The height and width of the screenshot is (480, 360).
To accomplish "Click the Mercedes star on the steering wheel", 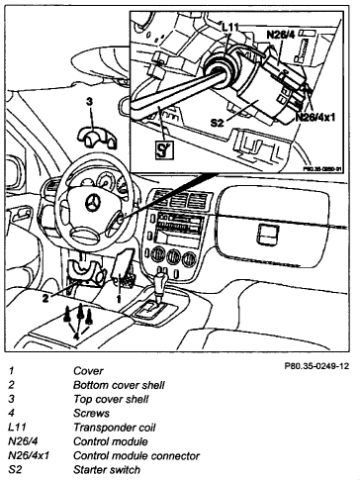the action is [94, 205].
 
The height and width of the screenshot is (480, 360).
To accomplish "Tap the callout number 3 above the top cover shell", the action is [89, 103].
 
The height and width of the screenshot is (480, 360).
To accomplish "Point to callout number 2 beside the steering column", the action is [45, 298].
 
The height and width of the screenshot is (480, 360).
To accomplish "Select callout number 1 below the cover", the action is [119, 299].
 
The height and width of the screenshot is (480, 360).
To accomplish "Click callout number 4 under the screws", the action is [76, 336].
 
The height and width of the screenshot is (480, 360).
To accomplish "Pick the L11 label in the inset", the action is [230, 28].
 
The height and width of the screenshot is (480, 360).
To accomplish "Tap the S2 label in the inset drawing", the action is [218, 123].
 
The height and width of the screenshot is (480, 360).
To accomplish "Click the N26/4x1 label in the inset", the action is [315, 117].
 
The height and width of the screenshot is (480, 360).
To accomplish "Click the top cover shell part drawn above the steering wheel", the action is [97, 137].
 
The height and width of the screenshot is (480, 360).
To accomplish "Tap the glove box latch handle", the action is [268, 235].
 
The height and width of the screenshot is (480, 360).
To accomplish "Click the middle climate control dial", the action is [173, 257].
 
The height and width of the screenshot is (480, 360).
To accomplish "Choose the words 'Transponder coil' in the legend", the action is [115, 428].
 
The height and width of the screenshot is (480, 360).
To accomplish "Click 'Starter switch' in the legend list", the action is [107, 469].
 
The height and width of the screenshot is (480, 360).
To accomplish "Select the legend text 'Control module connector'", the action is [136, 455].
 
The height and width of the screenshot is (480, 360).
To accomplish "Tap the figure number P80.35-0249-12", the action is [316, 366].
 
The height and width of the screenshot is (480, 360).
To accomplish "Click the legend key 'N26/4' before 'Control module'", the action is [23, 441].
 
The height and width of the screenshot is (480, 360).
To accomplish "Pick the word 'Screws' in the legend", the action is [91, 413].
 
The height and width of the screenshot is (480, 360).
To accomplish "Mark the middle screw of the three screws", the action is [80, 314].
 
